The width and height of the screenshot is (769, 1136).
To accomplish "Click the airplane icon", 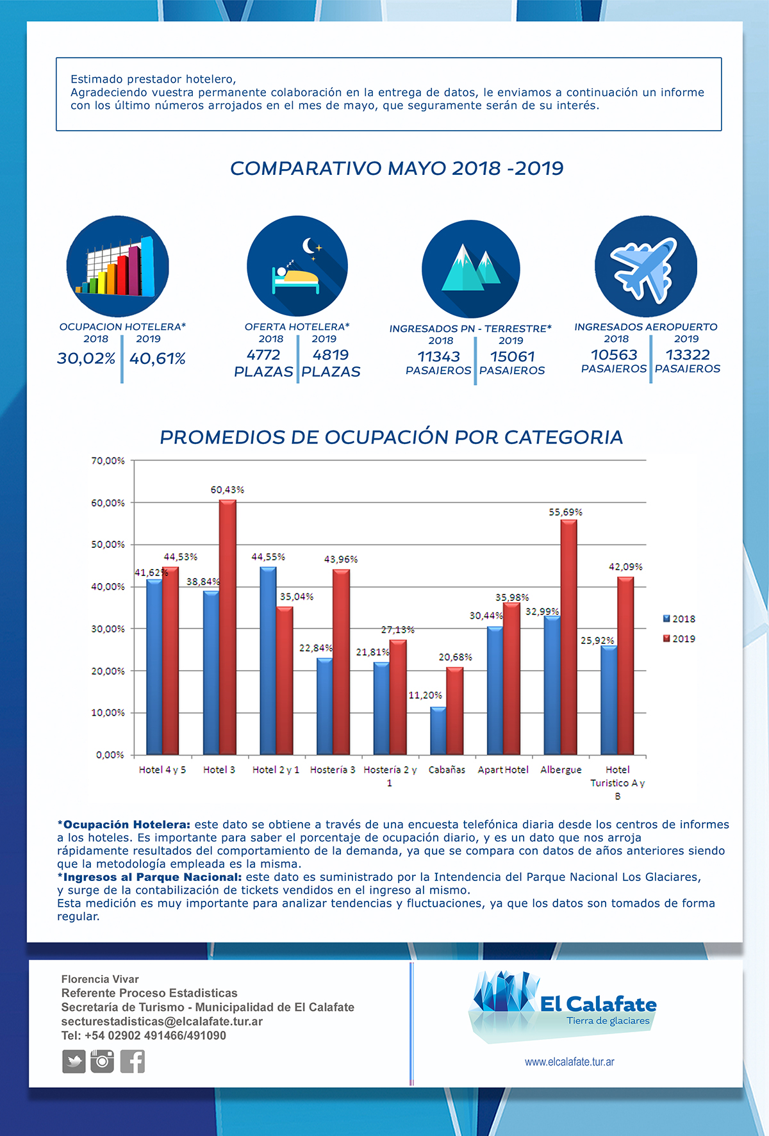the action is point(645,267).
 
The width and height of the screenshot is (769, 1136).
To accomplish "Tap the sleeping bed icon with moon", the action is point(297,266).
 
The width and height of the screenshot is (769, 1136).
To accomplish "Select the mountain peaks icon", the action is point(471,269).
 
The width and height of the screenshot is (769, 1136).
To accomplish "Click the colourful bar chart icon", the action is point(118,266).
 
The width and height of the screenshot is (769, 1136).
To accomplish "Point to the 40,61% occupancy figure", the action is point(158,358).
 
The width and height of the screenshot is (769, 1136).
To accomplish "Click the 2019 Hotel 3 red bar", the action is point(227,627).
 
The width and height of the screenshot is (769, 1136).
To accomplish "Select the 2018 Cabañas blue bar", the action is point(438,730).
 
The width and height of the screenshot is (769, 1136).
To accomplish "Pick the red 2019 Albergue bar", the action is point(568,637).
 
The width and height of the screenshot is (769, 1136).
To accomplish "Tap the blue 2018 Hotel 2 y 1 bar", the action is point(268,661).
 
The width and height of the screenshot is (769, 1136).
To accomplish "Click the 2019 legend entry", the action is point(679,639).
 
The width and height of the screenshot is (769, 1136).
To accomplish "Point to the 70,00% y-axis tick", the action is point(108,461).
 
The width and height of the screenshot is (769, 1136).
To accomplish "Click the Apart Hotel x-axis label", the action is point(503,770).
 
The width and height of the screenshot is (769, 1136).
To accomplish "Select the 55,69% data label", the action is point(566,512).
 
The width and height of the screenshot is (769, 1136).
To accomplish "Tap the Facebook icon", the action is point(133,1062).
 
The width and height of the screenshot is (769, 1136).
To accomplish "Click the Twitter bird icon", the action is point(74,1062).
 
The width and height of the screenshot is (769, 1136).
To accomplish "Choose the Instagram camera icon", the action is point(102,1061).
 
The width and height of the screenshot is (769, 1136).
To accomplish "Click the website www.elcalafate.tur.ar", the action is point(570,1062).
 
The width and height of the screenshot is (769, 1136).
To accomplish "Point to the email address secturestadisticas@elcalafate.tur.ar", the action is point(162,1021).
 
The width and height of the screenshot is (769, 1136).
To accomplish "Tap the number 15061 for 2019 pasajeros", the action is point(513,356).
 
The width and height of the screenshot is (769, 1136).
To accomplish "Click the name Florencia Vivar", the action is point(100,979).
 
